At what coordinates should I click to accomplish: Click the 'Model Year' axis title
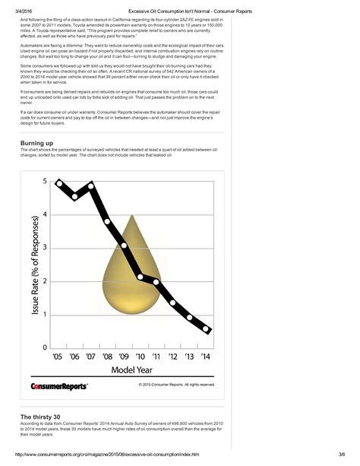[x=133, y=369]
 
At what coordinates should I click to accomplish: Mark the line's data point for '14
[x=207, y=329]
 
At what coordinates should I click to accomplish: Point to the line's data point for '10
[x=141, y=277]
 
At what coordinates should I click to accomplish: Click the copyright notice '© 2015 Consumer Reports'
[x=176, y=384]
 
